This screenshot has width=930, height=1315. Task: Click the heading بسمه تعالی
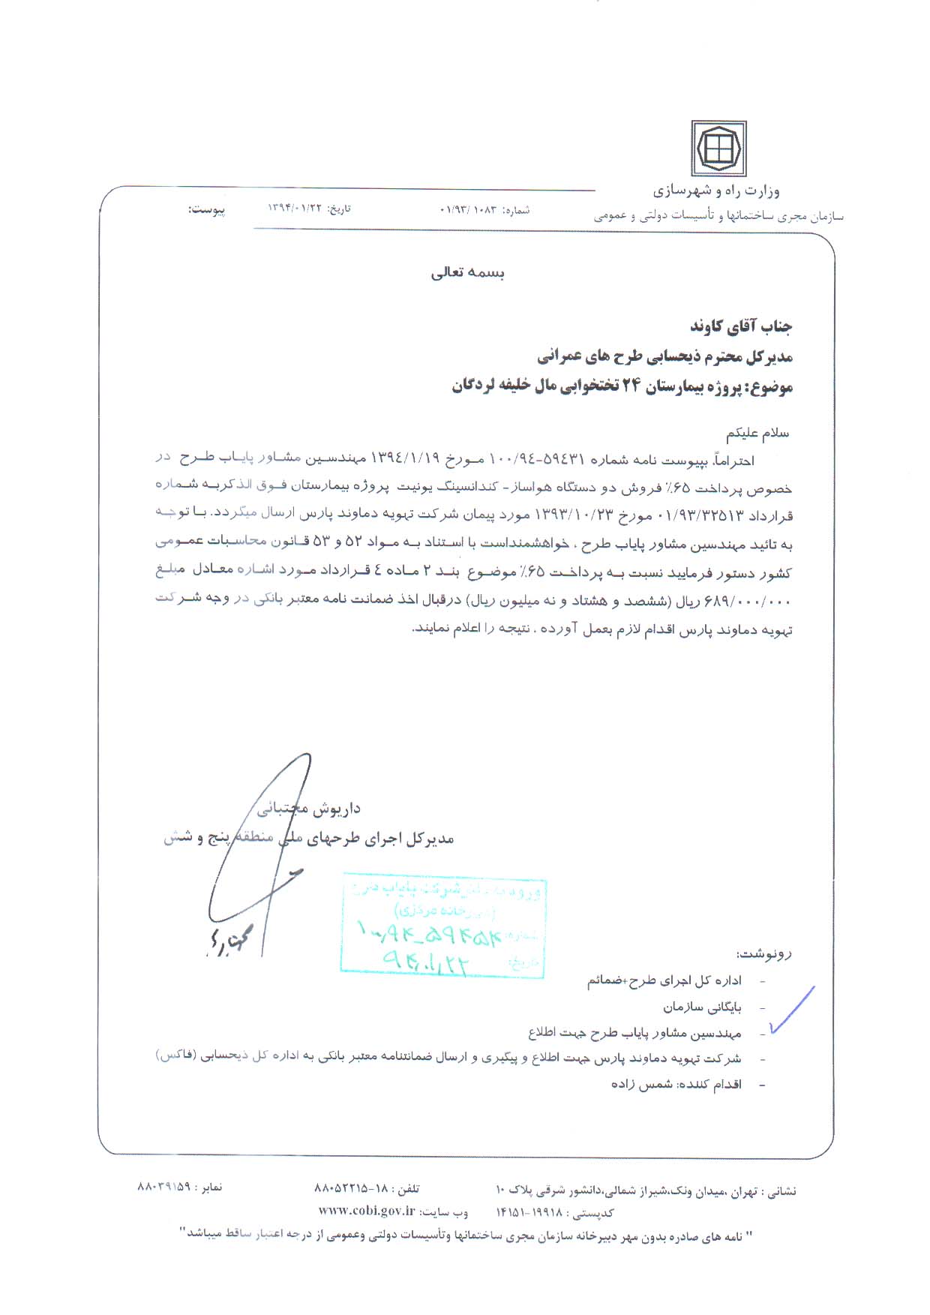tap(467, 273)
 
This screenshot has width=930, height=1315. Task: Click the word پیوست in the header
tap(206, 210)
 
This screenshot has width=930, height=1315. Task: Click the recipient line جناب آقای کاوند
tap(741, 326)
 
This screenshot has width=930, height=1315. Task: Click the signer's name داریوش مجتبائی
tap(309, 809)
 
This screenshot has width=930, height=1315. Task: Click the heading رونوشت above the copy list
tap(764, 954)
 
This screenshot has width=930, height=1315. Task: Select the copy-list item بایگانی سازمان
tap(701, 1007)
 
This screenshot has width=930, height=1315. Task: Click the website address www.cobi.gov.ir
tap(366, 1209)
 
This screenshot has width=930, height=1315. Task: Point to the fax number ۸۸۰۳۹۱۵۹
tap(165, 1188)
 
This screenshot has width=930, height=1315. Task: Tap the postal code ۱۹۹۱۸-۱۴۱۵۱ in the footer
tap(532, 1212)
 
